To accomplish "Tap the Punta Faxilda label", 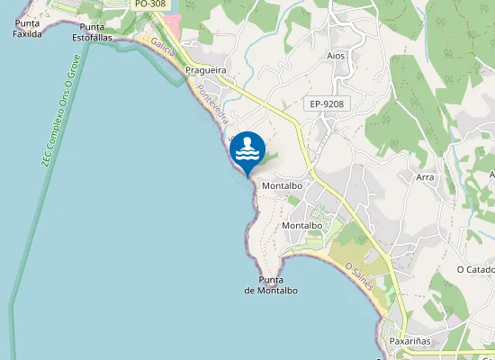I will coord(28,28).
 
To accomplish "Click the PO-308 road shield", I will coord(149,4).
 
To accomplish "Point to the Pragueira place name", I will coord(204,69).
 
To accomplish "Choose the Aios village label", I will coord(336,56).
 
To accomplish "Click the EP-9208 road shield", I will coord(327,104).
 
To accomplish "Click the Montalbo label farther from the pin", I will coord(302,225).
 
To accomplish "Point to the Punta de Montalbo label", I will coord(271,285).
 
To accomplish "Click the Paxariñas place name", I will coord(412,342).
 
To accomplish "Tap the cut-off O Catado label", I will coord(475,269).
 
